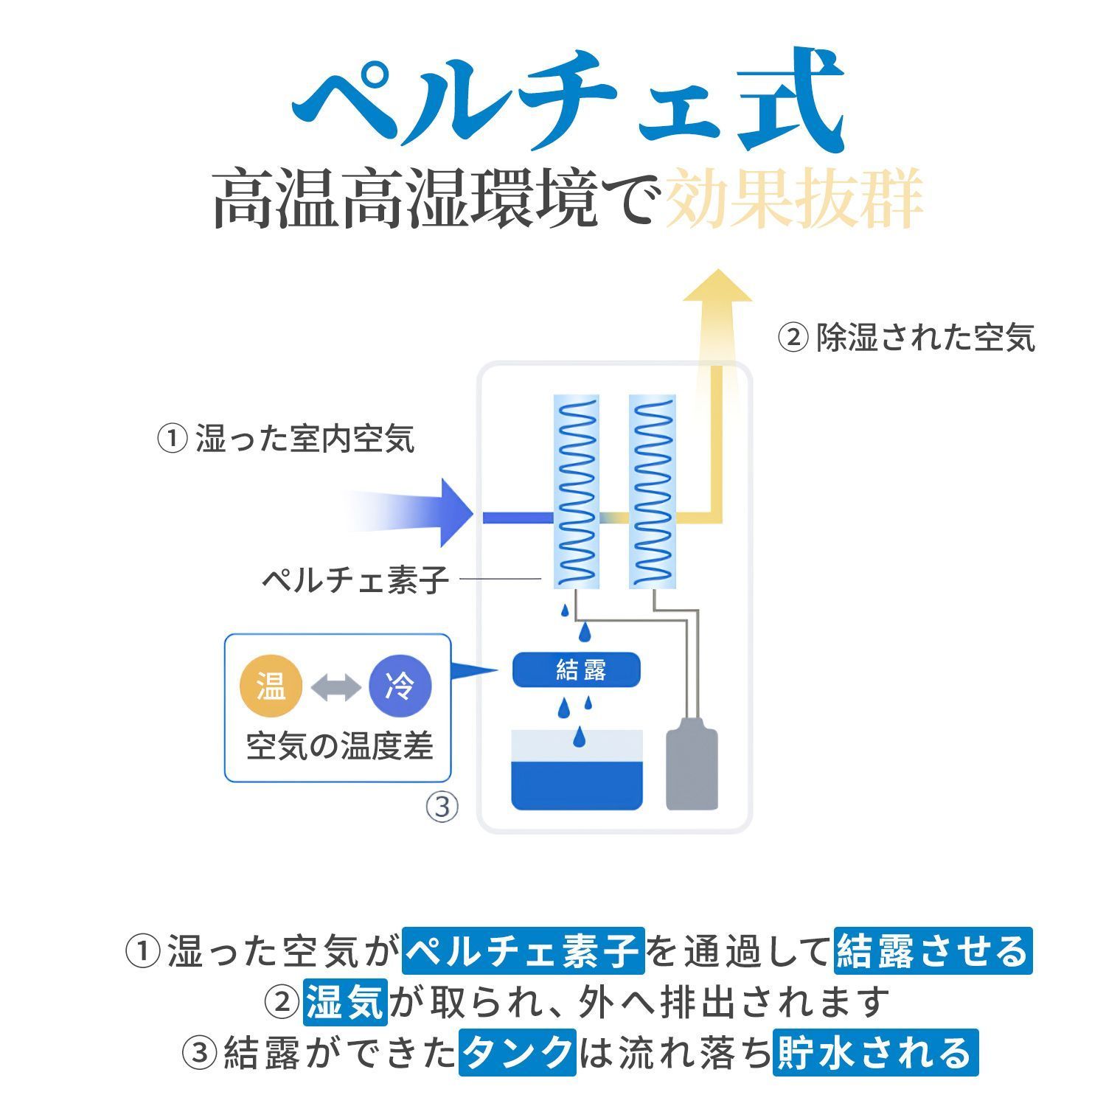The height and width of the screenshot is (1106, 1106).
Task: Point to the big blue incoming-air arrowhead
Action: pos(453,513)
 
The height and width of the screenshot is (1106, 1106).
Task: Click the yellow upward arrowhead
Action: pos(716,288)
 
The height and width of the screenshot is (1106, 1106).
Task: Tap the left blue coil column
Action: pos(577,491)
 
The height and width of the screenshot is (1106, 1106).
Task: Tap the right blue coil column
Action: pos(652,491)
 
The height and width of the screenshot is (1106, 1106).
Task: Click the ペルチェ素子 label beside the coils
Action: pos(355,580)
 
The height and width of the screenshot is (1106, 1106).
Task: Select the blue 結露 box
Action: pos(577,669)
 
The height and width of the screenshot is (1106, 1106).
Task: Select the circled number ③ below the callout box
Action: pos(442,807)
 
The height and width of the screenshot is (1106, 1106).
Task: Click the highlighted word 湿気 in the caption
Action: pos(344,1001)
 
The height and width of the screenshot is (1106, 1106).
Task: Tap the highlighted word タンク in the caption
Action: pos(517,1052)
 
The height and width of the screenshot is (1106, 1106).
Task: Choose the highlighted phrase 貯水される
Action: pos(875,1052)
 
